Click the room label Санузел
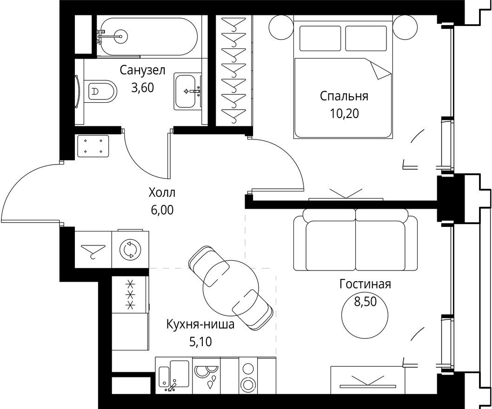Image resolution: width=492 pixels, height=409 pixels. [x=142, y=71]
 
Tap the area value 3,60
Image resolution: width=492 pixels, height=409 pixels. [x=142, y=87]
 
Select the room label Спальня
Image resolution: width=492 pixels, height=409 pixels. [x=344, y=96]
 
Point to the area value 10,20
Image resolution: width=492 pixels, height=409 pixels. [x=344, y=113]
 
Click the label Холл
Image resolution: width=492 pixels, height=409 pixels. [x=162, y=193]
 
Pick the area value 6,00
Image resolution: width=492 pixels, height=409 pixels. [x=162, y=210]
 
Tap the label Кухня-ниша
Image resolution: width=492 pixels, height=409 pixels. [x=200, y=324]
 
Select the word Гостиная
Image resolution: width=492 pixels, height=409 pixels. [x=365, y=284]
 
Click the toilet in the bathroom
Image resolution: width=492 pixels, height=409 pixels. [x=100, y=90]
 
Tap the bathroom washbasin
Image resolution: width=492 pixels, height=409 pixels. [x=188, y=91]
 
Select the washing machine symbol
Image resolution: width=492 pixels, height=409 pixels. [x=129, y=250]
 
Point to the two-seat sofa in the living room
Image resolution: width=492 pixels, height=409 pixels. [x=355, y=241]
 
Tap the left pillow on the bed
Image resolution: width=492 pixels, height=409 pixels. [x=320, y=38]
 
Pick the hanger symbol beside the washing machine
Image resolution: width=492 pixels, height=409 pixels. [x=93, y=251]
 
